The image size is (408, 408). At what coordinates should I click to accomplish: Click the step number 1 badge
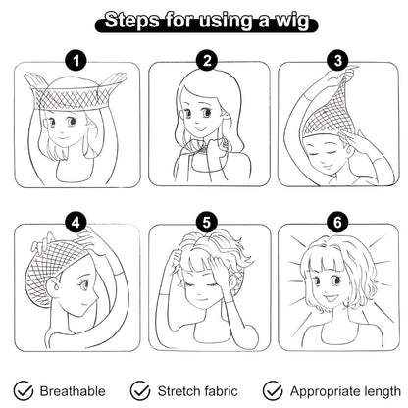point(76,61)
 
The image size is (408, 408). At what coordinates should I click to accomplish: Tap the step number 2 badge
point(207,61)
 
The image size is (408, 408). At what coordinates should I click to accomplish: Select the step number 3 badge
point(338,61)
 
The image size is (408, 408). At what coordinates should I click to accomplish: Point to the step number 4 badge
point(76,223)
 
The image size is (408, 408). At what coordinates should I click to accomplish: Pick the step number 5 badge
point(207,223)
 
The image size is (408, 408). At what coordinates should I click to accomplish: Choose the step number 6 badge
point(337,223)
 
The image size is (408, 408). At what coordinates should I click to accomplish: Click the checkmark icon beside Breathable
point(24,390)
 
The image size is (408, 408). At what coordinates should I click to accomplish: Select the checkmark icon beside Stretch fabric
point(140,390)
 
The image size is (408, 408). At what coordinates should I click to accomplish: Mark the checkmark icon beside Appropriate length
point(273,390)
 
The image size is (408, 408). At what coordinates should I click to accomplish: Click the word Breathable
point(73,391)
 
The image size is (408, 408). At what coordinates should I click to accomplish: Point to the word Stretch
point(178,391)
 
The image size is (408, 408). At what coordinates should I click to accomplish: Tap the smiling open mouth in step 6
point(331,298)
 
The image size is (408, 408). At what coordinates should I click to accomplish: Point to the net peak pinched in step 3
point(349,73)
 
